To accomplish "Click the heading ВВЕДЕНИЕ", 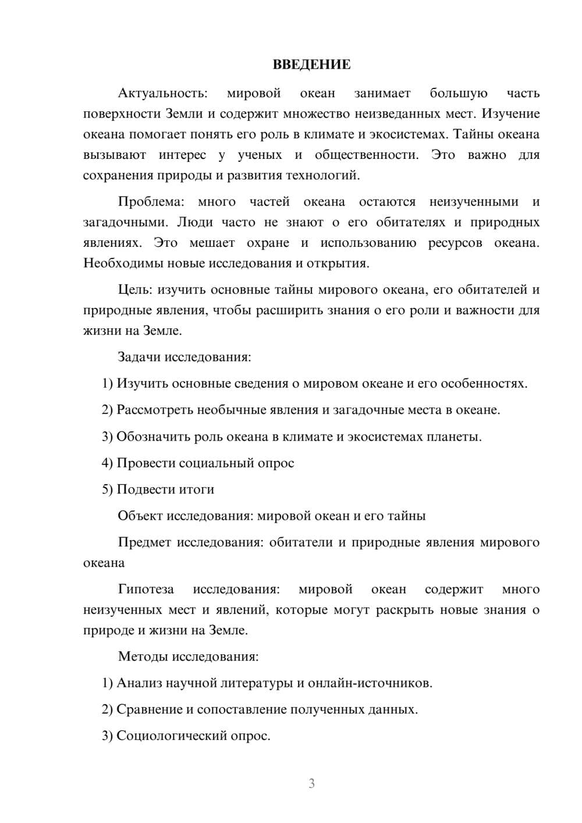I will point(311,65).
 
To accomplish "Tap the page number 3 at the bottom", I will point(311,783).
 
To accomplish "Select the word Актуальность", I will point(162,93).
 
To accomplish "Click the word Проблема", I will point(151,202).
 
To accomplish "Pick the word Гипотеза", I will point(145,589).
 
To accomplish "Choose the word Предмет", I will point(144,542).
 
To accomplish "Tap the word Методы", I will point(143,657).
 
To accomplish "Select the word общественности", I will point(366,155).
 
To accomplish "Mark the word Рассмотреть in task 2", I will point(155,410).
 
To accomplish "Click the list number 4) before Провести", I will point(107,463).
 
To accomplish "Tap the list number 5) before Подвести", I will point(107,489).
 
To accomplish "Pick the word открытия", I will point(342,263).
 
